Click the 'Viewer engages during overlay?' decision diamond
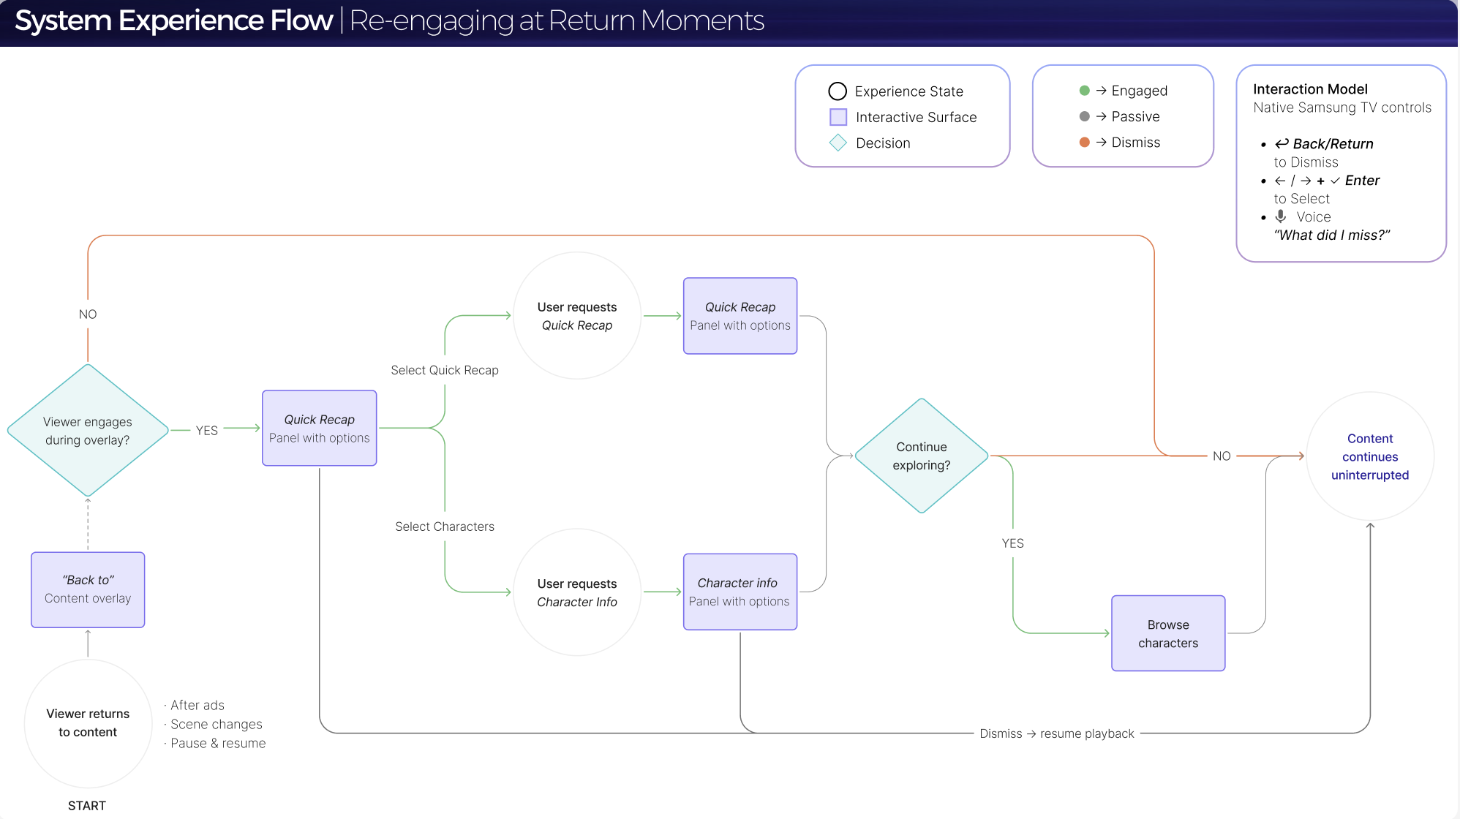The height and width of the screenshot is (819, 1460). pos(88,431)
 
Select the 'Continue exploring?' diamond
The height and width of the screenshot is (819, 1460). pos(922,456)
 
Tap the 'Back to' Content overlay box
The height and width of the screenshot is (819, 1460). pos(88,589)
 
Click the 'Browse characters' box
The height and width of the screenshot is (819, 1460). pos(1168,633)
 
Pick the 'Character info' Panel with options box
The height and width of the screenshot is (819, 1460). pos(740,592)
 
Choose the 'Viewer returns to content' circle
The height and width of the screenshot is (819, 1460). pos(88,722)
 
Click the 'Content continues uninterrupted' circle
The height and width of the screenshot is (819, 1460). pos(1370,456)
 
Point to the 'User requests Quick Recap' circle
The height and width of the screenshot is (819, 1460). pos(577,316)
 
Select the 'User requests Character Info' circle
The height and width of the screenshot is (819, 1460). pos(577,592)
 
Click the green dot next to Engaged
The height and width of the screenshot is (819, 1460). pos(1085,91)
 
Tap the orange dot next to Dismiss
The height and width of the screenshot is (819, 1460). pos(1085,142)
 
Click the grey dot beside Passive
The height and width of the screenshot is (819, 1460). pos(1085,116)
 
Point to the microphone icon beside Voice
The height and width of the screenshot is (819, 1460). pos(1281,216)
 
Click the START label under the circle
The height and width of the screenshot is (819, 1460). pos(87,805)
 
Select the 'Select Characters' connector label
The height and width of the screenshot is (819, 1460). pos(445,526)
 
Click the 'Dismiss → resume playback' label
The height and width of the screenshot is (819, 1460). pos(1057,733)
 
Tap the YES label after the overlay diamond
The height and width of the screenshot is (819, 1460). pos(207,431)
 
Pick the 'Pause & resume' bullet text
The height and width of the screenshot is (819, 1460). pos(218,743)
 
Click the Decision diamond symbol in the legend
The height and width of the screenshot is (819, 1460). pos(838,143)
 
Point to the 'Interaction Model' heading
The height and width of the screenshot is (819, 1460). pos(1310,89)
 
